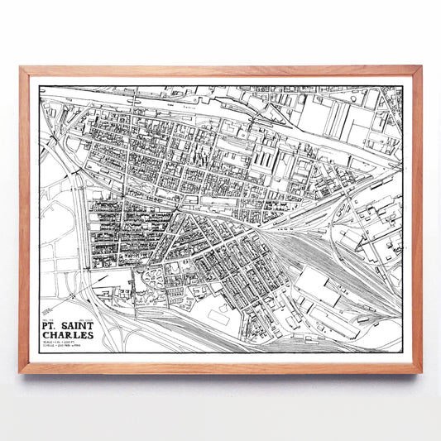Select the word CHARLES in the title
[75, 324]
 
